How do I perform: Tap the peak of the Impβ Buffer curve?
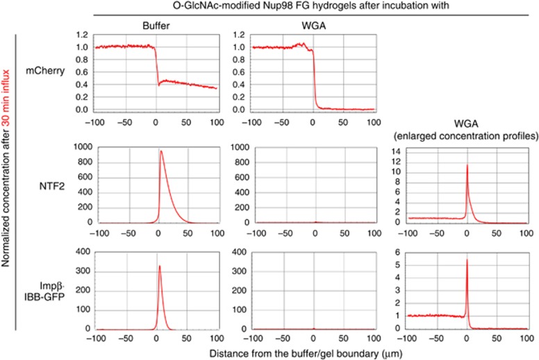(x=160, y=266)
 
